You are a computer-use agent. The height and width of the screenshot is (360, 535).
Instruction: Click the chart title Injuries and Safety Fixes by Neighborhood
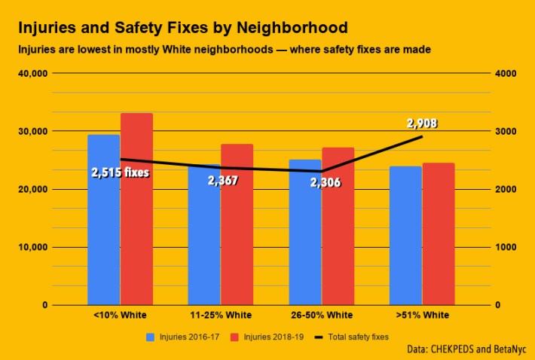(x=182, y=29)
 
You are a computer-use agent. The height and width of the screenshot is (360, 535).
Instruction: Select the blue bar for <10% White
(x=104, y=226)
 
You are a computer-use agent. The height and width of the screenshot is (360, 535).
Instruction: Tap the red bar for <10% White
(x=136, y=211)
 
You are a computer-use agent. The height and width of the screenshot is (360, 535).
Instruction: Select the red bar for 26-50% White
(x=338, y=226)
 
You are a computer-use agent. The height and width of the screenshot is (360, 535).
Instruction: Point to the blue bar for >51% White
(x=405, y=237)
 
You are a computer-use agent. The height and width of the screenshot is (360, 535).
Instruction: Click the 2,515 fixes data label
(x=121, y=172)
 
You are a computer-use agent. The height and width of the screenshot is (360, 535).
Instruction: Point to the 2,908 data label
(x=422, y=124)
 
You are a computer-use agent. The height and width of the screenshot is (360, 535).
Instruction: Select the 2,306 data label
(x=325, y=181)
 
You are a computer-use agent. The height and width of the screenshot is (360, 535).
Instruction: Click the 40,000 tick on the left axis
(x=33, y=74)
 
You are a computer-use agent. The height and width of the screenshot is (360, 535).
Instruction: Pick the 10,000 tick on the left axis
(x=33, y=248)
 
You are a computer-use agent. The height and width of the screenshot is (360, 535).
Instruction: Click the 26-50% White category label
(x=321, y=315)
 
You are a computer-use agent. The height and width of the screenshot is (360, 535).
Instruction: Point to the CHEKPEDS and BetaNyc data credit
(x=465, y=349)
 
